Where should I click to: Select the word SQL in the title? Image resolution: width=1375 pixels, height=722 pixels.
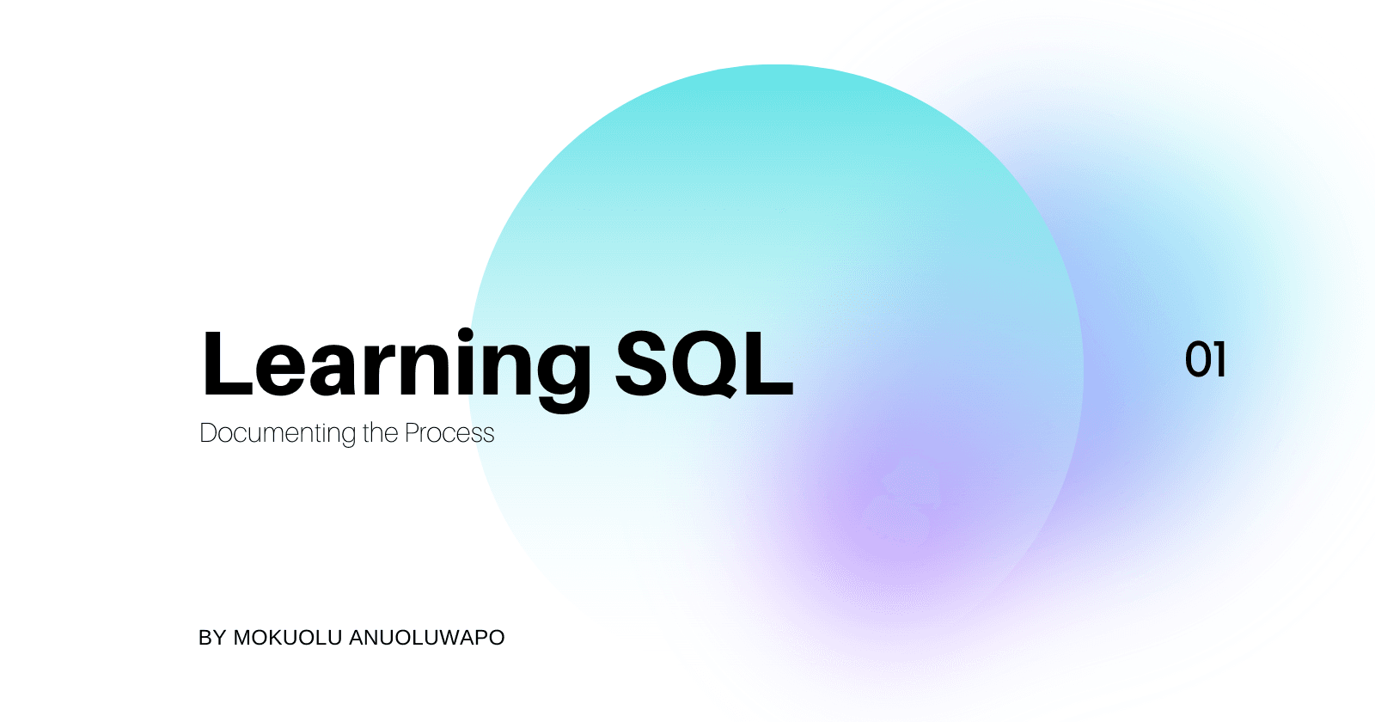point(705,364)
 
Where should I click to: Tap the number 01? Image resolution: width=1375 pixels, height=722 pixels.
point(1205,360)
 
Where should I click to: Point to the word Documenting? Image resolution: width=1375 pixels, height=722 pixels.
point(278,434)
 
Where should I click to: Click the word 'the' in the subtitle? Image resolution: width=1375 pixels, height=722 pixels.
point(380,433)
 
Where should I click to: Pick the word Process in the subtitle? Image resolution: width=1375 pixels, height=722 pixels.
point(449,433)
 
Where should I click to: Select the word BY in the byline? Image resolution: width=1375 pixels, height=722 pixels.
point(212,638)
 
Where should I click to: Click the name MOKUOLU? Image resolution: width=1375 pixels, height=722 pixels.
point(287,638)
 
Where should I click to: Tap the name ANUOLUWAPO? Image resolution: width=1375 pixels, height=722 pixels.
point(426,638)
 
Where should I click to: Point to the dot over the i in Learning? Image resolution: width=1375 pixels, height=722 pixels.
point(465,335)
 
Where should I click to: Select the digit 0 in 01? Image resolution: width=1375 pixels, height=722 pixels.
point(1197,360)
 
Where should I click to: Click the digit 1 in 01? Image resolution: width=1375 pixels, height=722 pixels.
point(1219,360)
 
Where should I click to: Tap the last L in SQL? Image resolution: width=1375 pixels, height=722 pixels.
point(769,364)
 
